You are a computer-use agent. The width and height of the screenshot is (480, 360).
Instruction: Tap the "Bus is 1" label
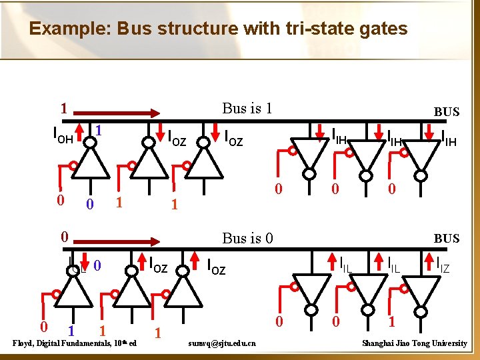pyautogui.click(x=247, y=108)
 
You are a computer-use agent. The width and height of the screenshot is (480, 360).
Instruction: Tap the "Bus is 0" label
pyautogui.click(x=247, y=238)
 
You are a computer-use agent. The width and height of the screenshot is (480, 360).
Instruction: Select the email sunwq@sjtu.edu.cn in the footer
pyautogui.click(x=225, y=343)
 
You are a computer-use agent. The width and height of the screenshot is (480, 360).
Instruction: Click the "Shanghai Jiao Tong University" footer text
pyautogui.click(x=414, y=343)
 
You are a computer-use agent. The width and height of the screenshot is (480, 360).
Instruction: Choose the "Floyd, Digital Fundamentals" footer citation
pyautogui.click(x=74, y=343)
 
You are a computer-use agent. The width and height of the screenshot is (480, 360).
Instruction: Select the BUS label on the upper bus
pyautogui.click(x=446, y=112)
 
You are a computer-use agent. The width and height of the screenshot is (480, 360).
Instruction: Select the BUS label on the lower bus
pyautogui.click(x=446, y=238)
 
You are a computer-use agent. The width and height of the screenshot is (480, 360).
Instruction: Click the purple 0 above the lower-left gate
pyautogui.click(x=97, y=265)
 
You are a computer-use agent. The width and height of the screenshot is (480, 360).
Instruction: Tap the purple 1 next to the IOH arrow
pyautogui.click(x=97, y=129)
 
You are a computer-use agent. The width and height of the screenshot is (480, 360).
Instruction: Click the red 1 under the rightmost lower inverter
pyautogui.click(x=392, y=321)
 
